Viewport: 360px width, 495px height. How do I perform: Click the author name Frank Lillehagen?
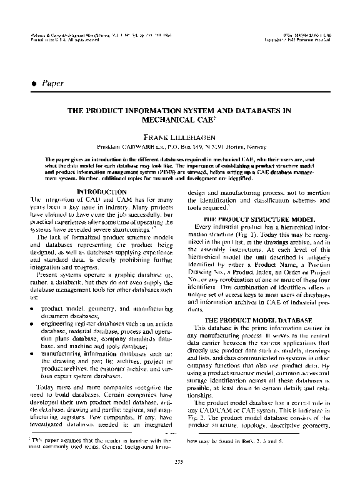click(180, 135)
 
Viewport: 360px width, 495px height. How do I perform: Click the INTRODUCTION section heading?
click(101, 191)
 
